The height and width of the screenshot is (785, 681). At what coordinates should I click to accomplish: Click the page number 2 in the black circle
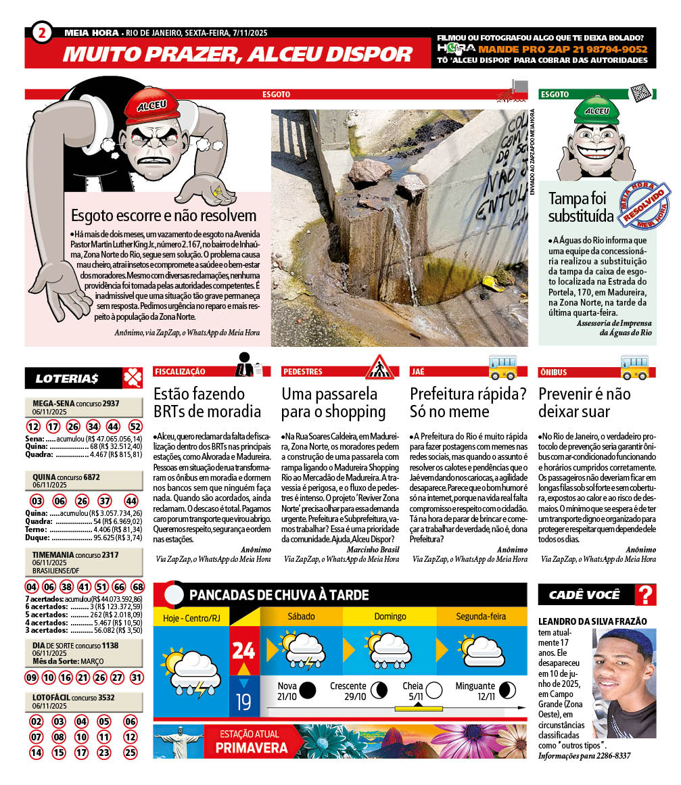42,32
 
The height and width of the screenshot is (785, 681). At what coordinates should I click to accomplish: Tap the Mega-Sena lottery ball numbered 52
135,427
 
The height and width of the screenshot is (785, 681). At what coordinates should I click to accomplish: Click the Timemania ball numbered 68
137,586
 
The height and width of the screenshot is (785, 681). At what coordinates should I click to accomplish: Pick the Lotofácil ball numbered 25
130,752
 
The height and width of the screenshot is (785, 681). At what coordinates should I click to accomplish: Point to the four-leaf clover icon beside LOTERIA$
132,378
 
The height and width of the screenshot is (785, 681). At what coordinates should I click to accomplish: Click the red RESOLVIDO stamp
645,205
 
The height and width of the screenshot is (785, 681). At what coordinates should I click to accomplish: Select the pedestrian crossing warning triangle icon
379,368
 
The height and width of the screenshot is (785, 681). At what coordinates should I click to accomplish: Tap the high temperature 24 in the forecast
243,650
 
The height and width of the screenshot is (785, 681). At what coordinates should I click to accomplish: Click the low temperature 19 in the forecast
243,701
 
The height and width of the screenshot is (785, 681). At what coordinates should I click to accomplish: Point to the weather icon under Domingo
390,648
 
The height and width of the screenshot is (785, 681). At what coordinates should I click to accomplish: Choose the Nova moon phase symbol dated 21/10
308,690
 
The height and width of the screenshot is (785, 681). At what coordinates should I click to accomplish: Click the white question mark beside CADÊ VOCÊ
647,595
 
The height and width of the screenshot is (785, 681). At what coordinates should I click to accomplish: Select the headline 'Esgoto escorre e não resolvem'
164,216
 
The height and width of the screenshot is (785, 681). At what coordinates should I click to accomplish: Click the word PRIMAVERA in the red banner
252,748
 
